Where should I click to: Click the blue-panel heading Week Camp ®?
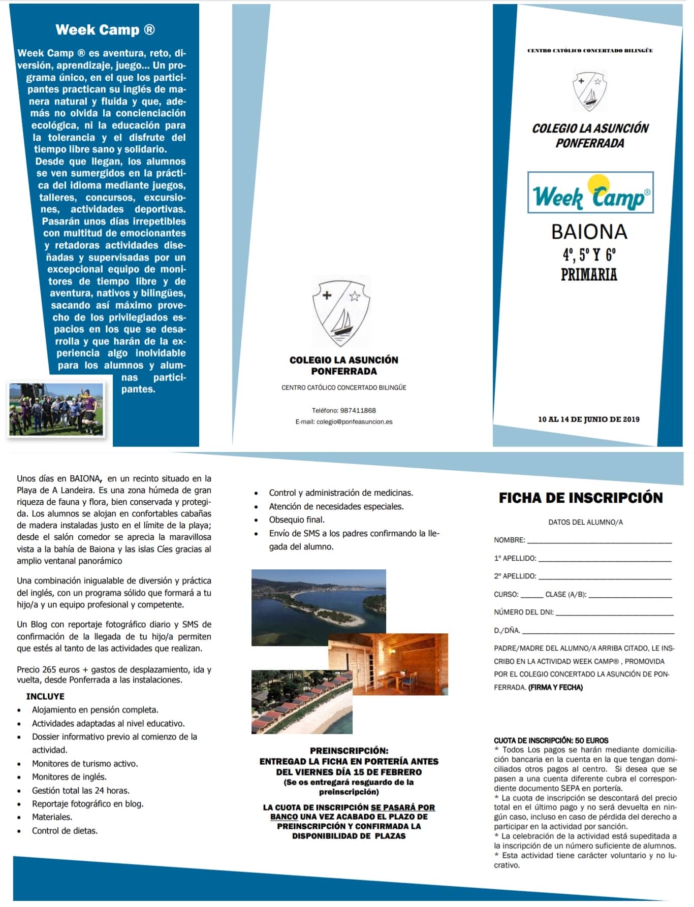[x=105, y=30]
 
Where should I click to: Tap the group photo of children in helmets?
[x=56, y=409]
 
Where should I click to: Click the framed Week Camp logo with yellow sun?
[x=590, y=192]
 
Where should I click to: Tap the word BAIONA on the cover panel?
[x=589, y=232]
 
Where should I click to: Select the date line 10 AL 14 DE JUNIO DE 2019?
[x=588, y=419]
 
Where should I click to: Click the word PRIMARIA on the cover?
[x=589, y=275]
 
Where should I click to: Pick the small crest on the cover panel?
[x=589, y=91]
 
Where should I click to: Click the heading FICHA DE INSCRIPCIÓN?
[x=581, y=498]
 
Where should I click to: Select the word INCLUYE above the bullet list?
[x=45, y=696]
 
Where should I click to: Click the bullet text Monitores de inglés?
[x=69, y=776]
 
